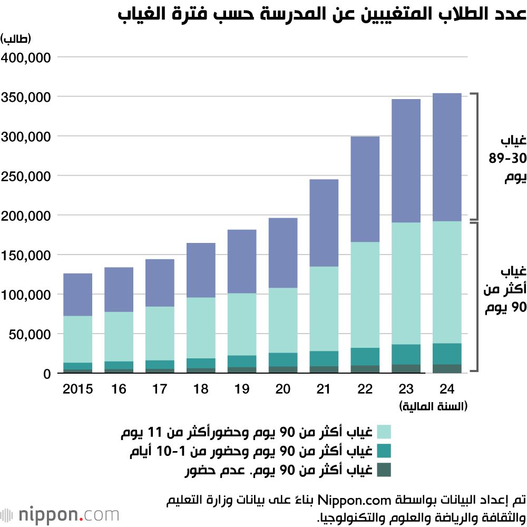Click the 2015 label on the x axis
coord(77,389)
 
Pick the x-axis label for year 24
coord(447,389)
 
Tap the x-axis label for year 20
coord(283,389)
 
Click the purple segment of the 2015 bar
coord(77,295)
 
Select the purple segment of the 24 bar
coord(447,157)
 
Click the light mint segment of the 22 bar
coord(365,295)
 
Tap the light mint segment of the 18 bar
coord(201,328)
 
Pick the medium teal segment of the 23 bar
coord(406,354)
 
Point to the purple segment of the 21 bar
coord(324,223)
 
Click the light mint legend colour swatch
coord(384,432)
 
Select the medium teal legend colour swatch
coord(384,451)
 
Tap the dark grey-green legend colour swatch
coord(384,470)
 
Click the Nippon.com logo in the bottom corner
coord(60,514)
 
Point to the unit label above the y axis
coord(16,39)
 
